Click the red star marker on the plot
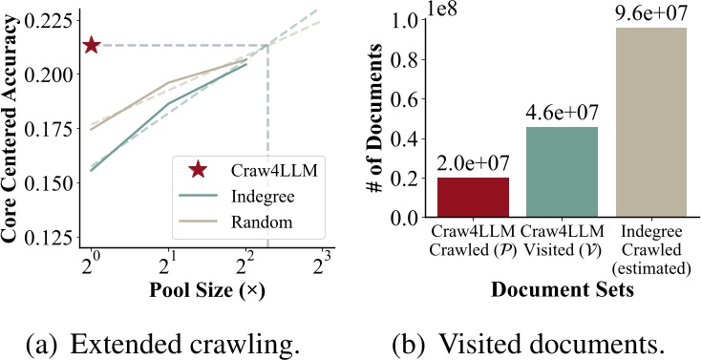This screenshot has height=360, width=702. [92, 45]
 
